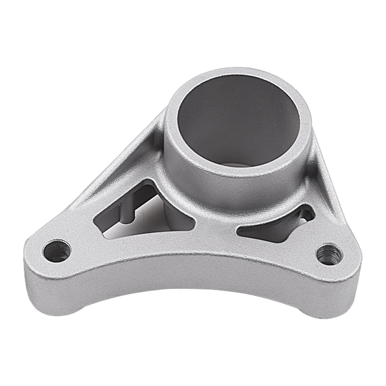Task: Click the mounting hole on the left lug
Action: [x=57, y=251]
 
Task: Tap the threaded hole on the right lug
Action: [x=330, y=254]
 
